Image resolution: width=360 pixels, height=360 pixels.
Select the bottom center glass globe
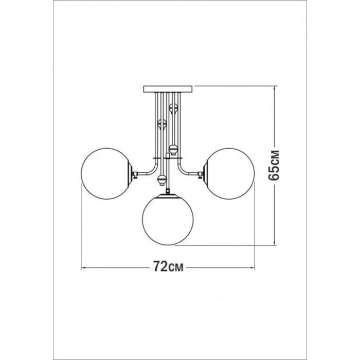(x=168, y=220)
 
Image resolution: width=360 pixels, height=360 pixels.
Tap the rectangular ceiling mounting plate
(x=168, y=89)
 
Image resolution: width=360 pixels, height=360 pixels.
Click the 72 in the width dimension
(x=160, y=266)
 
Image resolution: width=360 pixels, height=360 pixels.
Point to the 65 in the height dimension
(x=274, y=172)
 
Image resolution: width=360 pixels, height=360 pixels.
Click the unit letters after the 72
(x=176, y=268)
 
